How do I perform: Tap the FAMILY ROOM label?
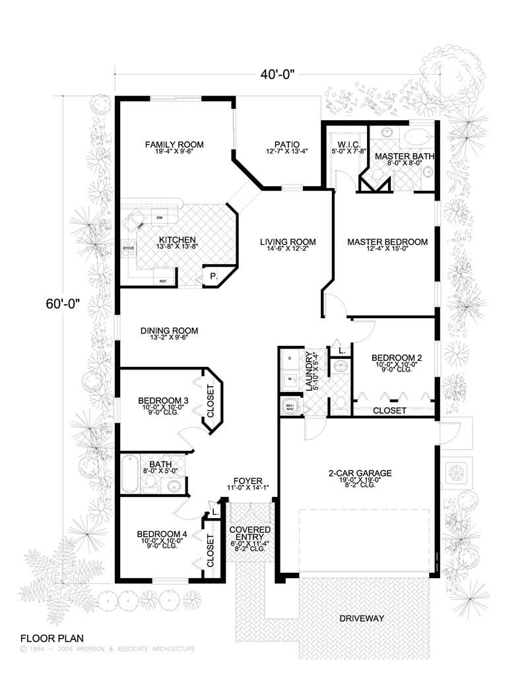[174, 145]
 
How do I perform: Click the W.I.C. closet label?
[344, 145]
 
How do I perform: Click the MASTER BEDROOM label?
[387, 242]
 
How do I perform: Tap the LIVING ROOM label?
[287, 242]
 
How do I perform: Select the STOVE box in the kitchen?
[129, 248]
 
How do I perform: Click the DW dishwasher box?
[159, 217]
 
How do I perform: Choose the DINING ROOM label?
[169, 331]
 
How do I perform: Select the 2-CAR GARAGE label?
[360, 473]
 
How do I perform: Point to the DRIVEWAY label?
[362, 618]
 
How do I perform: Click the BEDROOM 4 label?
[162, 535]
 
